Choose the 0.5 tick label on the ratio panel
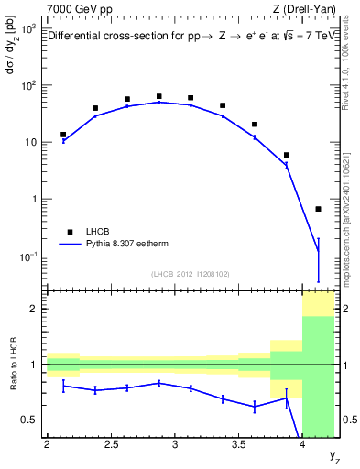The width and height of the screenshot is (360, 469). click(30, 420)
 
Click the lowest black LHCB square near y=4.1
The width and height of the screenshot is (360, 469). click(319, 209)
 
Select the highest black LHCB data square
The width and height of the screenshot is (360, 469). click(158, 96)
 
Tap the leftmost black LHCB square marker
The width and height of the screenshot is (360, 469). click(62, 135)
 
